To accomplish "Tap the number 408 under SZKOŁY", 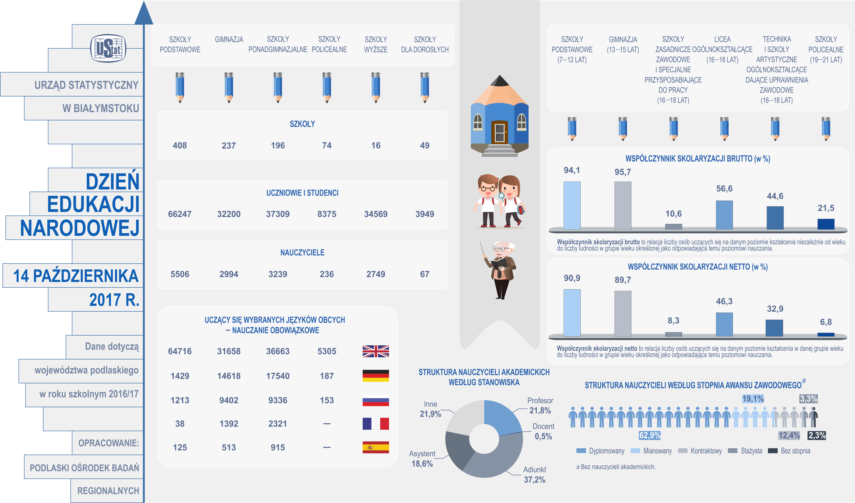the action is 180,146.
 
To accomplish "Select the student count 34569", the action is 376,214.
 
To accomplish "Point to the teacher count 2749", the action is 376,274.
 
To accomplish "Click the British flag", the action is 376,351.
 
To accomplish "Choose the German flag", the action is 376,376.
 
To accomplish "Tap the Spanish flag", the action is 376,447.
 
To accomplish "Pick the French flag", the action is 376,424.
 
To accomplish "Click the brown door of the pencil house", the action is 499,132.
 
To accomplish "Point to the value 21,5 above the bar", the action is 826,208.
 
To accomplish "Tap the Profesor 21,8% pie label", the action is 540,406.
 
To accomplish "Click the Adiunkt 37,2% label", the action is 535,474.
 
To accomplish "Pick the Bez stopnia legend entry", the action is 789,451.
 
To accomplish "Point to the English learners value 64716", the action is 180,351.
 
